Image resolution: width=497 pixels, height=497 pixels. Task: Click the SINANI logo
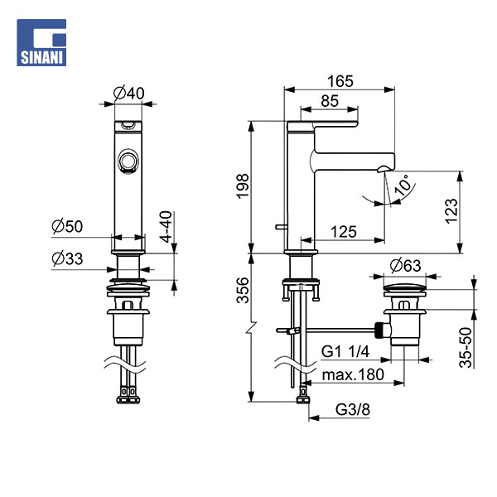pos(41,42)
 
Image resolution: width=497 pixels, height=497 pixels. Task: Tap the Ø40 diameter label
pos(128,93)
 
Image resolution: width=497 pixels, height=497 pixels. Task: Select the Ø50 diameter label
pos(67,226)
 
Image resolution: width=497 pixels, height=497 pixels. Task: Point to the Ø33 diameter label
pos(67,258)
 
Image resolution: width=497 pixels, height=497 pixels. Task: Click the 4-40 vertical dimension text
pos(166,227)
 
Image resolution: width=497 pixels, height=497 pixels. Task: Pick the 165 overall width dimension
pos(340,81)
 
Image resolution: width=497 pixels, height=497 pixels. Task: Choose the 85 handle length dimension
pos(330,101)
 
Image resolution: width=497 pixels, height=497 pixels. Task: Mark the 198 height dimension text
pos(243,186)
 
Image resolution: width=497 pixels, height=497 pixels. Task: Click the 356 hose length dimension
pos(243,290)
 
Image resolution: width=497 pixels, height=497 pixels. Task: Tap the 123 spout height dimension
pos(451,211)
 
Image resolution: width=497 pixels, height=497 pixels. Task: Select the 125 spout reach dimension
pos(344,232)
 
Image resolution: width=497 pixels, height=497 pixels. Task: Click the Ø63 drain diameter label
pos(405,265)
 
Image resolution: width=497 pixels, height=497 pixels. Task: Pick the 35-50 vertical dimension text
pos(466,347)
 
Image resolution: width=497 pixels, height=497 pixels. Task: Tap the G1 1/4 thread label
pos(345,351)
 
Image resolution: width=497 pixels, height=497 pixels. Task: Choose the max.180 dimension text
pos(353,374)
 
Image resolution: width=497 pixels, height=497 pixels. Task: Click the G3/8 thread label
pos(353,409)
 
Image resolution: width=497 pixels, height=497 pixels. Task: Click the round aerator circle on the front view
pos(128,161)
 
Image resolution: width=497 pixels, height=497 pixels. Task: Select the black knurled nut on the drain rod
pos(379,331)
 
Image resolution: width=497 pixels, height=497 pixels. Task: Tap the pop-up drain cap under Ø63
pos(405,287)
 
